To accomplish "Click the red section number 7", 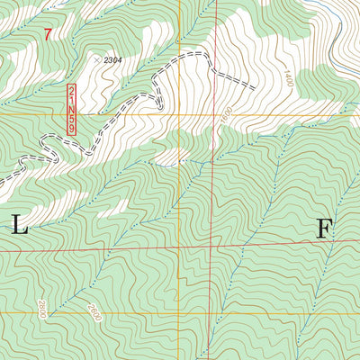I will pyautogui.click(x=48, y=35).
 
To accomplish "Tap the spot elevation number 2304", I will pyautogui.click(x=112, y=59).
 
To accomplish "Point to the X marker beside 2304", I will pyautogui.click(x=96, y=58).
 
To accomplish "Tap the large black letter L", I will pyautogui.click(x=19, y=227).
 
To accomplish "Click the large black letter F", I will pyautogui.click(x=324, y=228).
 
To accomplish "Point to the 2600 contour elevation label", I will pyautogui.click(x=93, y=311).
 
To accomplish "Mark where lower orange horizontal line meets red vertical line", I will pyautogui.click(x=212, y=312).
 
